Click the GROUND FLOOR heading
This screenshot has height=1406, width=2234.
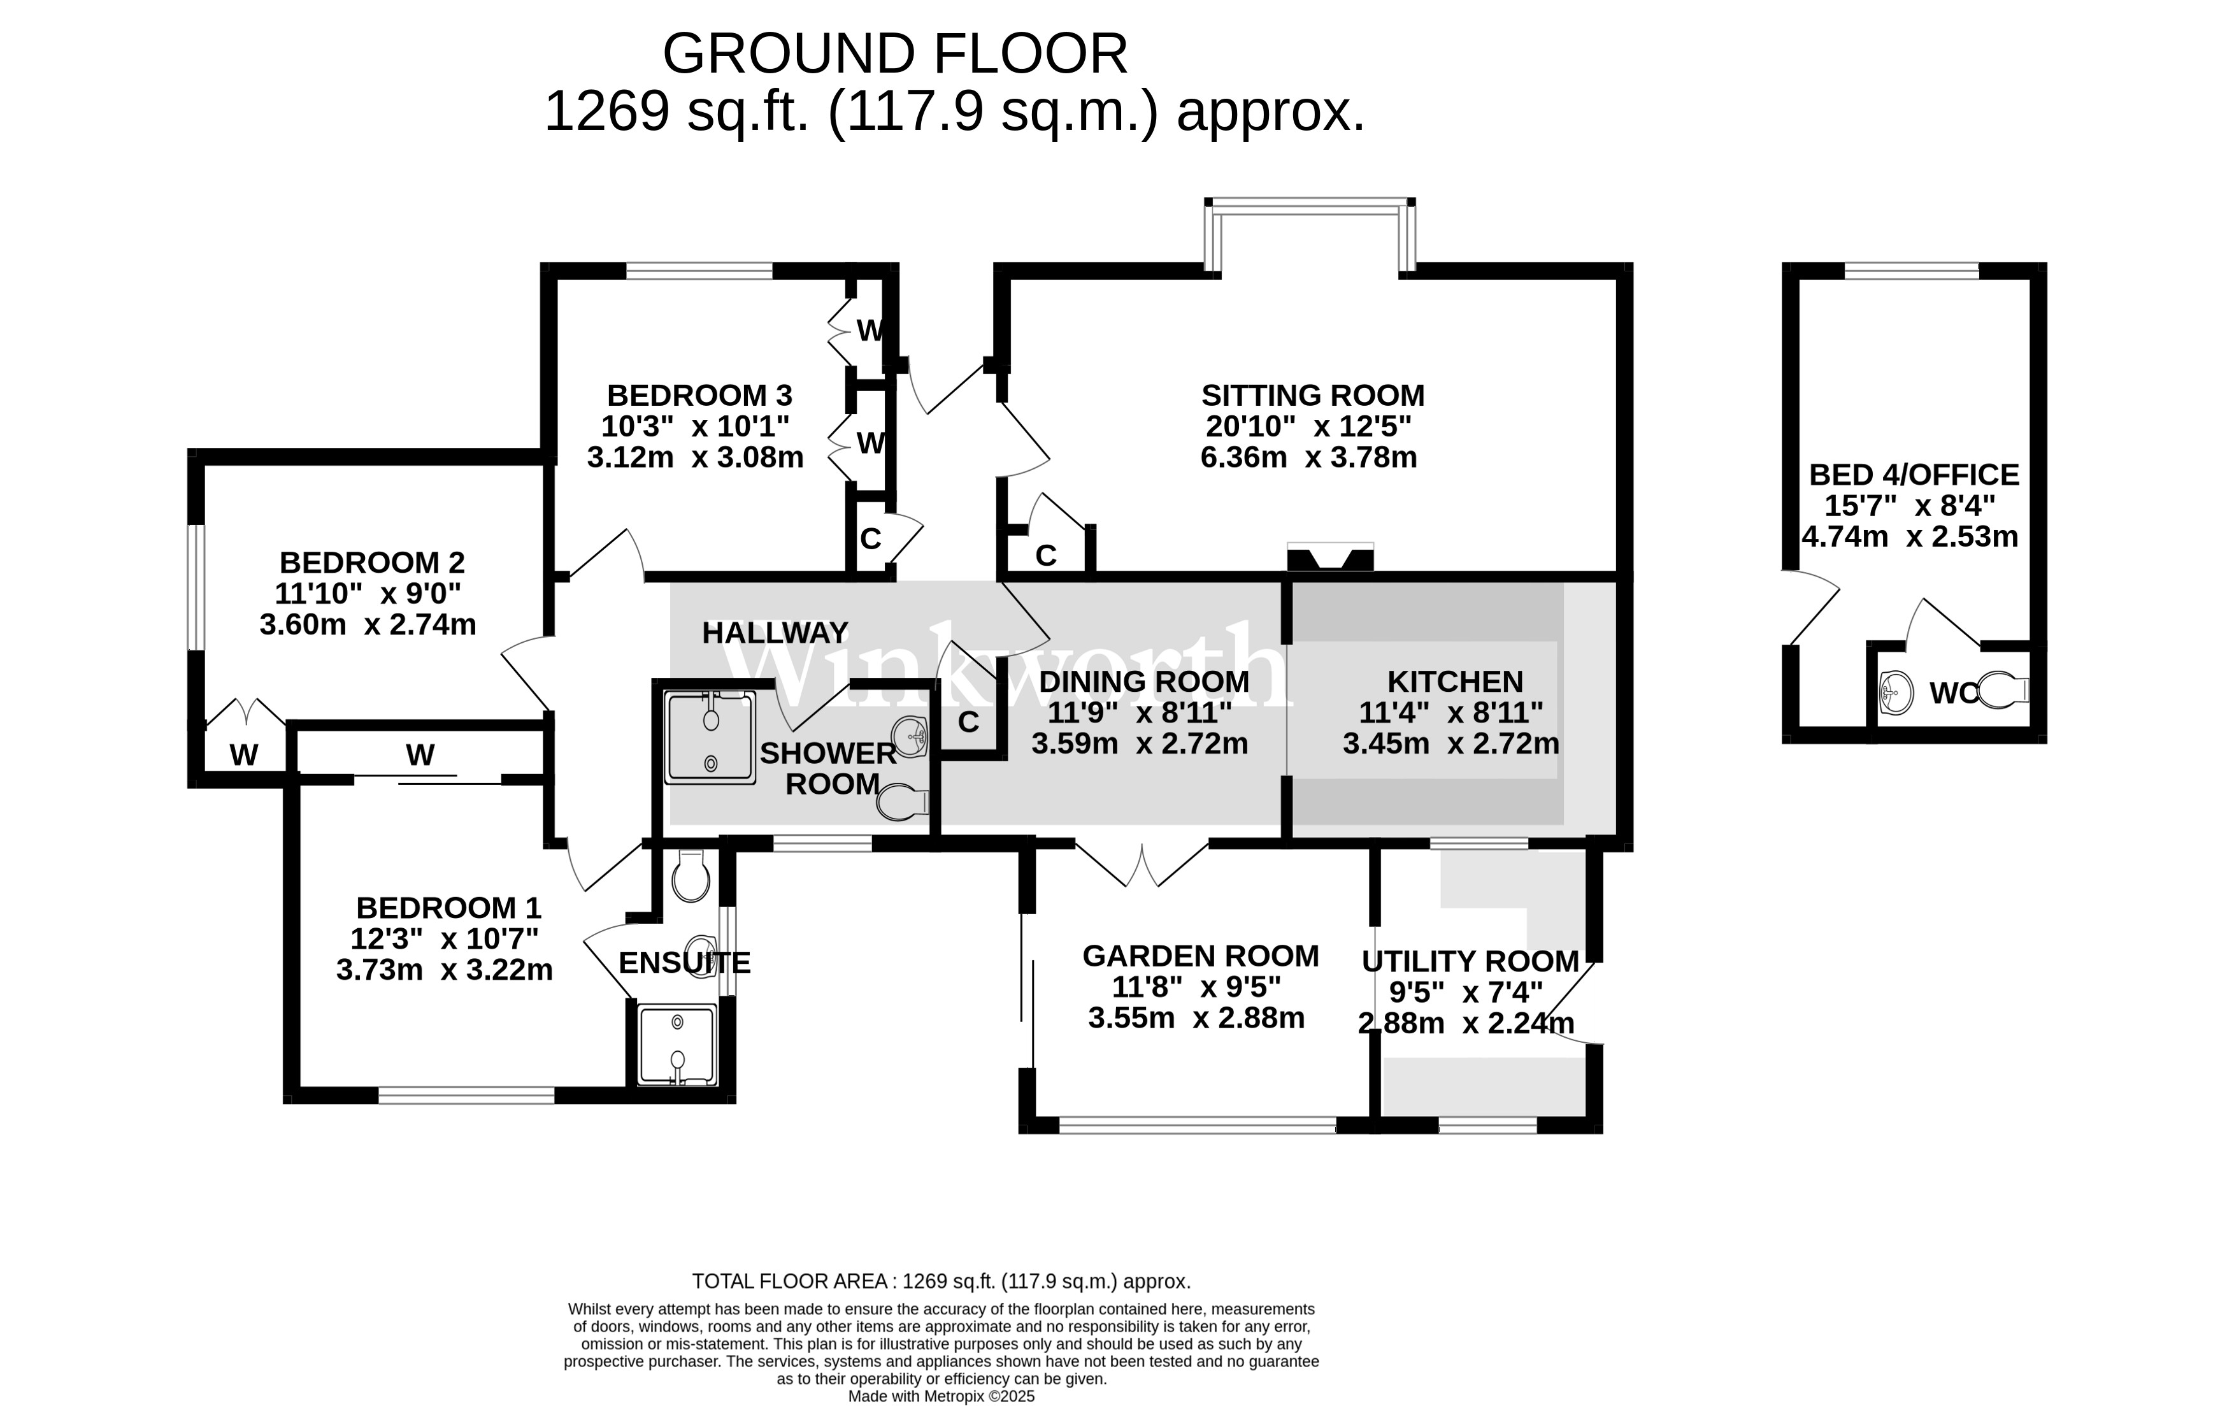(894, 54)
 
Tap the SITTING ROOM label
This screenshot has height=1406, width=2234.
(1312, 396)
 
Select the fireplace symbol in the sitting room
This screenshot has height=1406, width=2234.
(1329, 559)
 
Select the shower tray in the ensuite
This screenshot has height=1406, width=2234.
(677, 1044)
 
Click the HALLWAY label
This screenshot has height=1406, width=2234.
(775, 633)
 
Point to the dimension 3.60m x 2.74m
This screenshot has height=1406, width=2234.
(368, 624)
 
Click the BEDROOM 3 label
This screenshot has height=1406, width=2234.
(699, 396)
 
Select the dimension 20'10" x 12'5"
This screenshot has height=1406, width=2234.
(1308, 427)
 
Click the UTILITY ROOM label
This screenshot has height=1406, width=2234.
(1470, 961)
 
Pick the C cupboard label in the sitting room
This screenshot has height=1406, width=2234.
(1045, 555)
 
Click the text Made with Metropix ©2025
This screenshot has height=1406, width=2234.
(941, 1396)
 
